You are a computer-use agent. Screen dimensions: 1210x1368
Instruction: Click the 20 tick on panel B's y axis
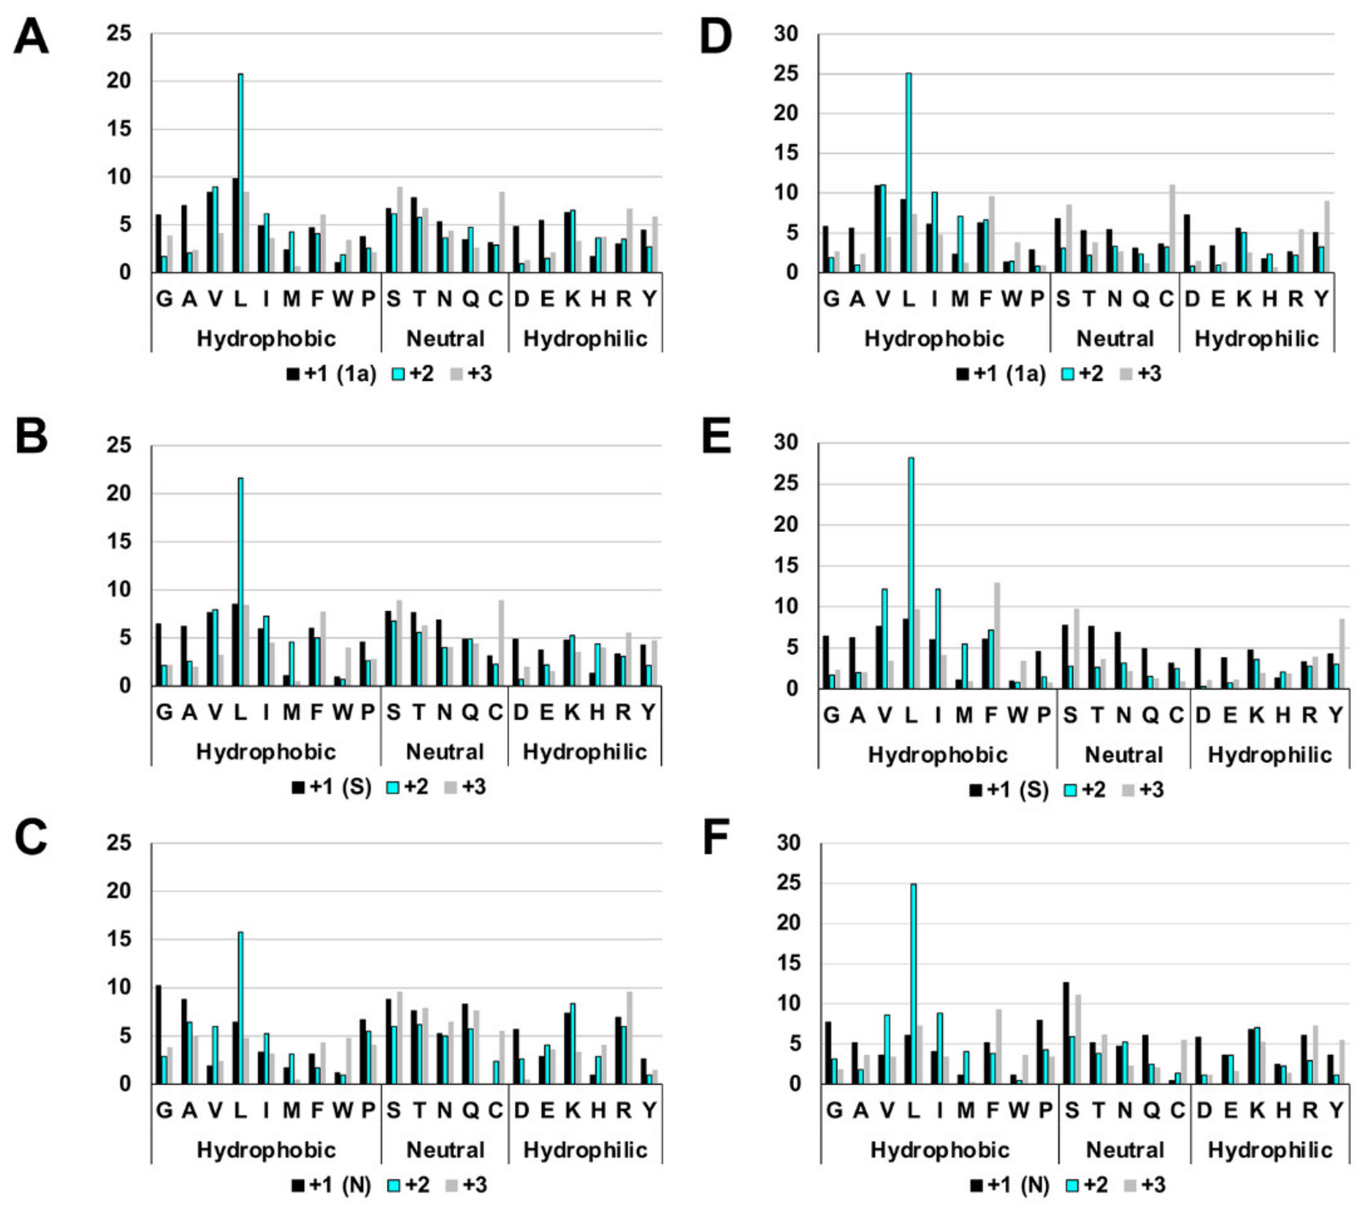(x=119, y=494)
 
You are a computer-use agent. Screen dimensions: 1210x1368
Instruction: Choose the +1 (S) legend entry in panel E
(x=1009, y=790)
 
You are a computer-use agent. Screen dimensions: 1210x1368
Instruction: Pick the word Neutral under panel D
(x=1115, y=339)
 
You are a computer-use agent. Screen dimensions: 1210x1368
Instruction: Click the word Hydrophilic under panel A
(x=586, y=339)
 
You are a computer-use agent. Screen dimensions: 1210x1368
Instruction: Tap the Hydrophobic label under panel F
(x=940, y=1150)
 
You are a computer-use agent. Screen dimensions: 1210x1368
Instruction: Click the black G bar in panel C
(x=158, y=1035)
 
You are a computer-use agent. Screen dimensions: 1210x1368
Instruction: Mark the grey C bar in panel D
(x=1172, y=228)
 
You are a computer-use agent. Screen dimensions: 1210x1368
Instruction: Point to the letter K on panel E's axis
(x=1256, y=716)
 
